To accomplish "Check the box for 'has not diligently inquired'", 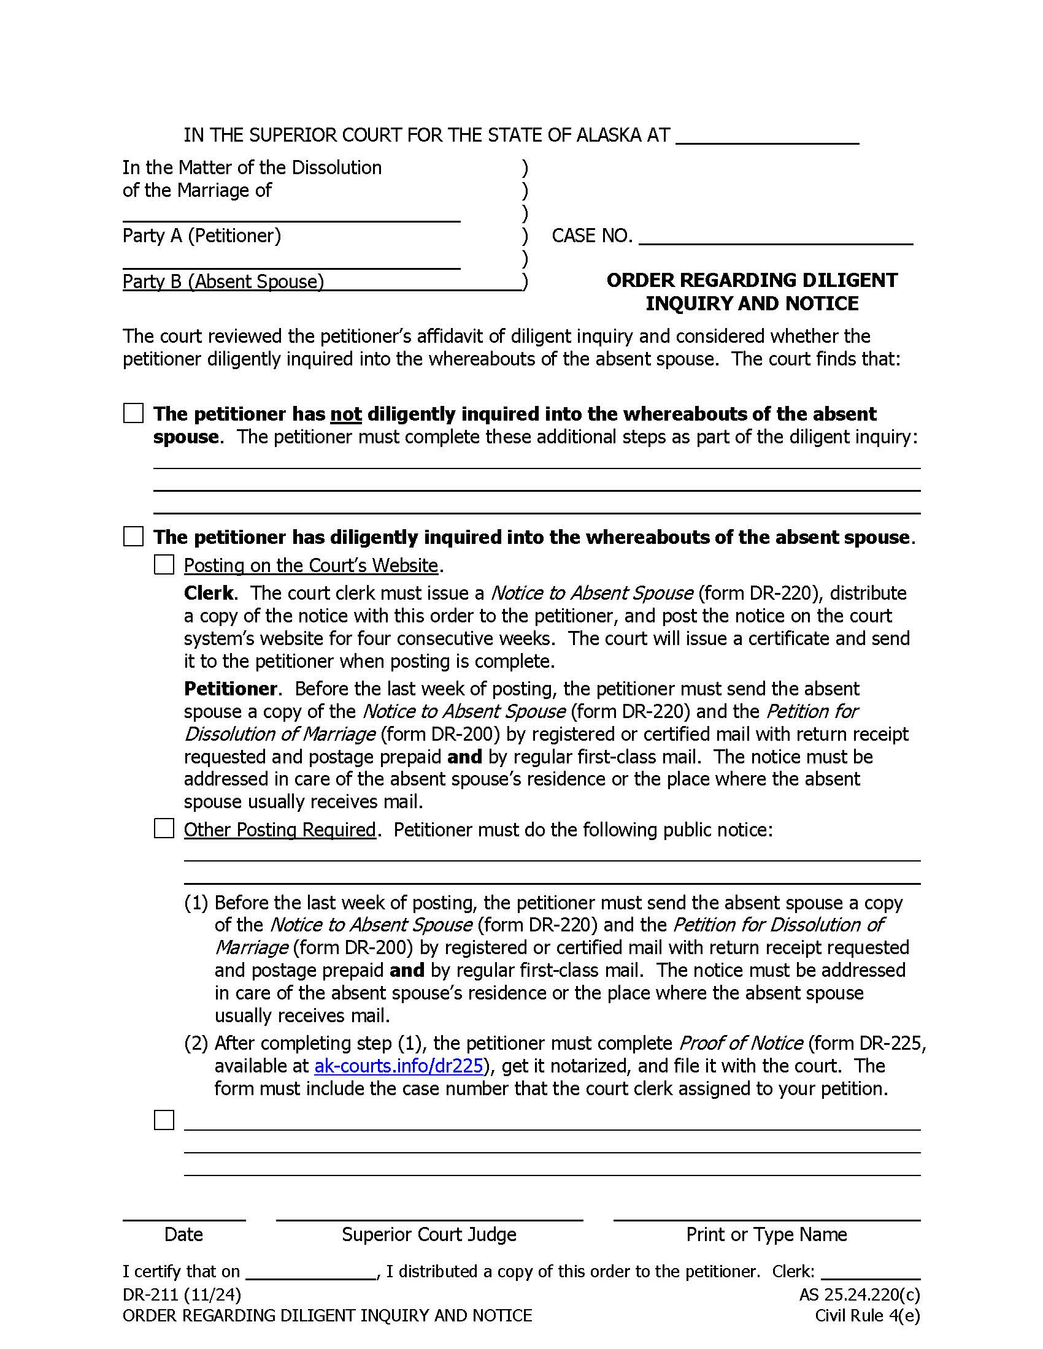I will tap(134, 413).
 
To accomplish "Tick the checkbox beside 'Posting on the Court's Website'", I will tap(164, 565).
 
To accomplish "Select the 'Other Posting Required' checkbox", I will tap(164, 829).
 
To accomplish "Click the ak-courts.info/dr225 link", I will tap(399, 1066).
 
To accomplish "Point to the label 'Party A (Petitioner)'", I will tap(201, 235).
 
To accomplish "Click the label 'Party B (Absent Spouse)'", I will tap(223, 281).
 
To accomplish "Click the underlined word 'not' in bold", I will tap(345, 414).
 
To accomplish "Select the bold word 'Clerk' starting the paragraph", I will tap(209, 593).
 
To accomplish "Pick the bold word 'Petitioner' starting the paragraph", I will tap(231, 689).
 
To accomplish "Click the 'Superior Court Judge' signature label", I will tap(429, 1234).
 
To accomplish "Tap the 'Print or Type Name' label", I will tap(766, 1234).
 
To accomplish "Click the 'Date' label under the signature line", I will tap(183, 1234).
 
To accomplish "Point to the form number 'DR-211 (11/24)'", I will tap(182, 1294).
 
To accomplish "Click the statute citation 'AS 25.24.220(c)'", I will tap(859, 1294).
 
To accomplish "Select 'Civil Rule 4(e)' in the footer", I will tap(867, 1316).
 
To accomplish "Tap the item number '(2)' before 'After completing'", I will tap(196, 1043).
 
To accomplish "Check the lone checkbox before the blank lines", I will tap(164, 1120).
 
